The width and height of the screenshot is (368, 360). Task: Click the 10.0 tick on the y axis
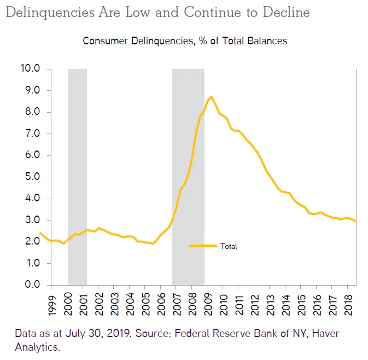pos(30,69)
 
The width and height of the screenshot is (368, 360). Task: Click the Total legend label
pos(229,246)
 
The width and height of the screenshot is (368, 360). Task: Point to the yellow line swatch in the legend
pos(203,246)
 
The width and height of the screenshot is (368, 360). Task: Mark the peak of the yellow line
pos(211,97)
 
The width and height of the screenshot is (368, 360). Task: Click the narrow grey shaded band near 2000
pos(77,175)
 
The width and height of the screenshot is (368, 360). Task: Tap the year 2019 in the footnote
pos(116,333)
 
